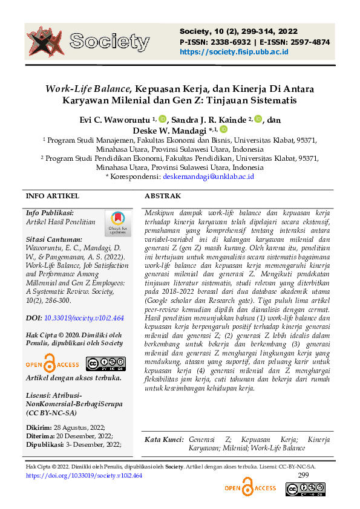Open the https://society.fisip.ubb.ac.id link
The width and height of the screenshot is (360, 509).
pyautogui.click(x=234, y=52)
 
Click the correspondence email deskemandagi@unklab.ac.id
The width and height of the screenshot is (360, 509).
pyautogui.click(x=208, y=177)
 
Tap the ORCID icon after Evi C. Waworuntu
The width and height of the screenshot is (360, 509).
pyautogui.click(x=162, y=119)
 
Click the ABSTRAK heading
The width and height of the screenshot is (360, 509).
pyautogui.click(x=163, y=196)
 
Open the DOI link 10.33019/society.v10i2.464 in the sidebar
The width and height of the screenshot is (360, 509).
pyautogui.click(x=83, y=317)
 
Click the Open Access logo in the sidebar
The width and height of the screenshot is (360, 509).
pyautogui.click(x=53, y=364)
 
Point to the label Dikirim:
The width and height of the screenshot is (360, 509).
pyautogui.click(x=38, y=427)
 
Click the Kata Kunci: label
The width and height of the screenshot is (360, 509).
pyautogui.click(x=164, y=439)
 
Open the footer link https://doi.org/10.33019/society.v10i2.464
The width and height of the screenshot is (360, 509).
pyautogui.click(x=84, y=476)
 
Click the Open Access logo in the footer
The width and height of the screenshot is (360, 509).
pyautogui.click(x=250, y=487)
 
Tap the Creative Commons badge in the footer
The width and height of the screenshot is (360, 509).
pyautogui.click(x=301, y=490)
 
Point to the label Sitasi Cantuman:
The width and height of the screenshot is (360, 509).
pyautogui.click(x=54, y=239)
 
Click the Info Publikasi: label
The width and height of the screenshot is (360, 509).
pyautogui.click(x=50, y=213)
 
